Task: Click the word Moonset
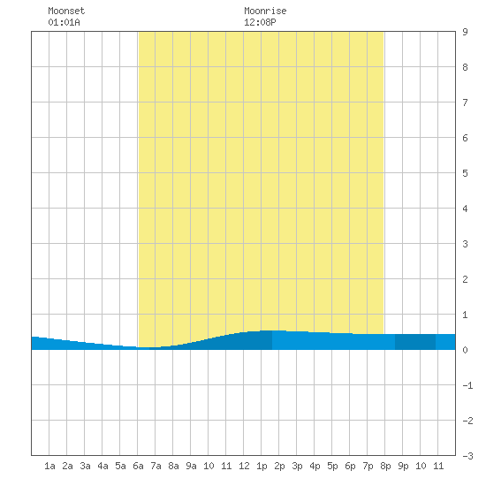tap(66, 11)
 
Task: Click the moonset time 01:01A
tap(64, 22)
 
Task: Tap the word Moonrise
tap(265, 11)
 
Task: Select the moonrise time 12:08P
tap(260, 22)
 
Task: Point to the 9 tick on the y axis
tap(465, 32)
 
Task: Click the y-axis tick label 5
tap(465, 173)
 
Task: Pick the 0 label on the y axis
tap(465, 350)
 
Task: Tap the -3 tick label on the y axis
tap(467, 456)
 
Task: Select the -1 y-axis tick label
tap(467, 385)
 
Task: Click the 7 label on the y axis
tap(465, 103)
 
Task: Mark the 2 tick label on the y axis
tap(465, 279)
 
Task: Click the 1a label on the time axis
tap(49, 466)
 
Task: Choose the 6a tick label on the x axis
tap(138, 466)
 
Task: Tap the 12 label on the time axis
tap(244, 466)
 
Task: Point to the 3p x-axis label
tap(297, 466)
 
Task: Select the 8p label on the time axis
tap(385, 466)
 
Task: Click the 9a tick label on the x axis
tap(191, 466)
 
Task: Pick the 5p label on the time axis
tap(332, 466)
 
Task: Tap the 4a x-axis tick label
tap(103, 466)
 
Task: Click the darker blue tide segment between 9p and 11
tap(415, 342)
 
